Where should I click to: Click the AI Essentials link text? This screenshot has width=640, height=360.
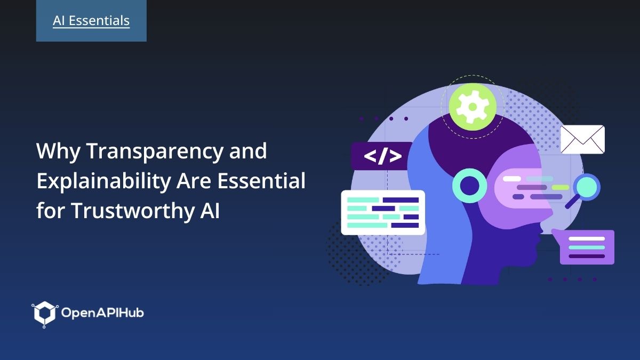[91, 21]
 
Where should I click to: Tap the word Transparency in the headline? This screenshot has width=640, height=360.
[154, 152]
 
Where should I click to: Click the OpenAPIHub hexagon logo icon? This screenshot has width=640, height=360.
[44, 313]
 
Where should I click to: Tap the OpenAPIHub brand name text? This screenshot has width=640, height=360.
[102, 313]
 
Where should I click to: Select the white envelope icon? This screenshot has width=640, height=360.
[582, 140]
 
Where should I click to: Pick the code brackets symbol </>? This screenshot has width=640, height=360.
[382, 156]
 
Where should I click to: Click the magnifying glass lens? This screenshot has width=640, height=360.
[588, 187]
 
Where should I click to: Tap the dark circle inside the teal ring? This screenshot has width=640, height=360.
[469, 186]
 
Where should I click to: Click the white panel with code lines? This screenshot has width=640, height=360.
[383, 212]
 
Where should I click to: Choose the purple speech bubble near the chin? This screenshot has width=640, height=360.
[587, 247]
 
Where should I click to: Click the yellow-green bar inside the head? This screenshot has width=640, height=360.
[560, 187]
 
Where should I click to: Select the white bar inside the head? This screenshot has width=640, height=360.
[512, 179]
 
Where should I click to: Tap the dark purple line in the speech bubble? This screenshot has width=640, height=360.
[587, 256]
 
